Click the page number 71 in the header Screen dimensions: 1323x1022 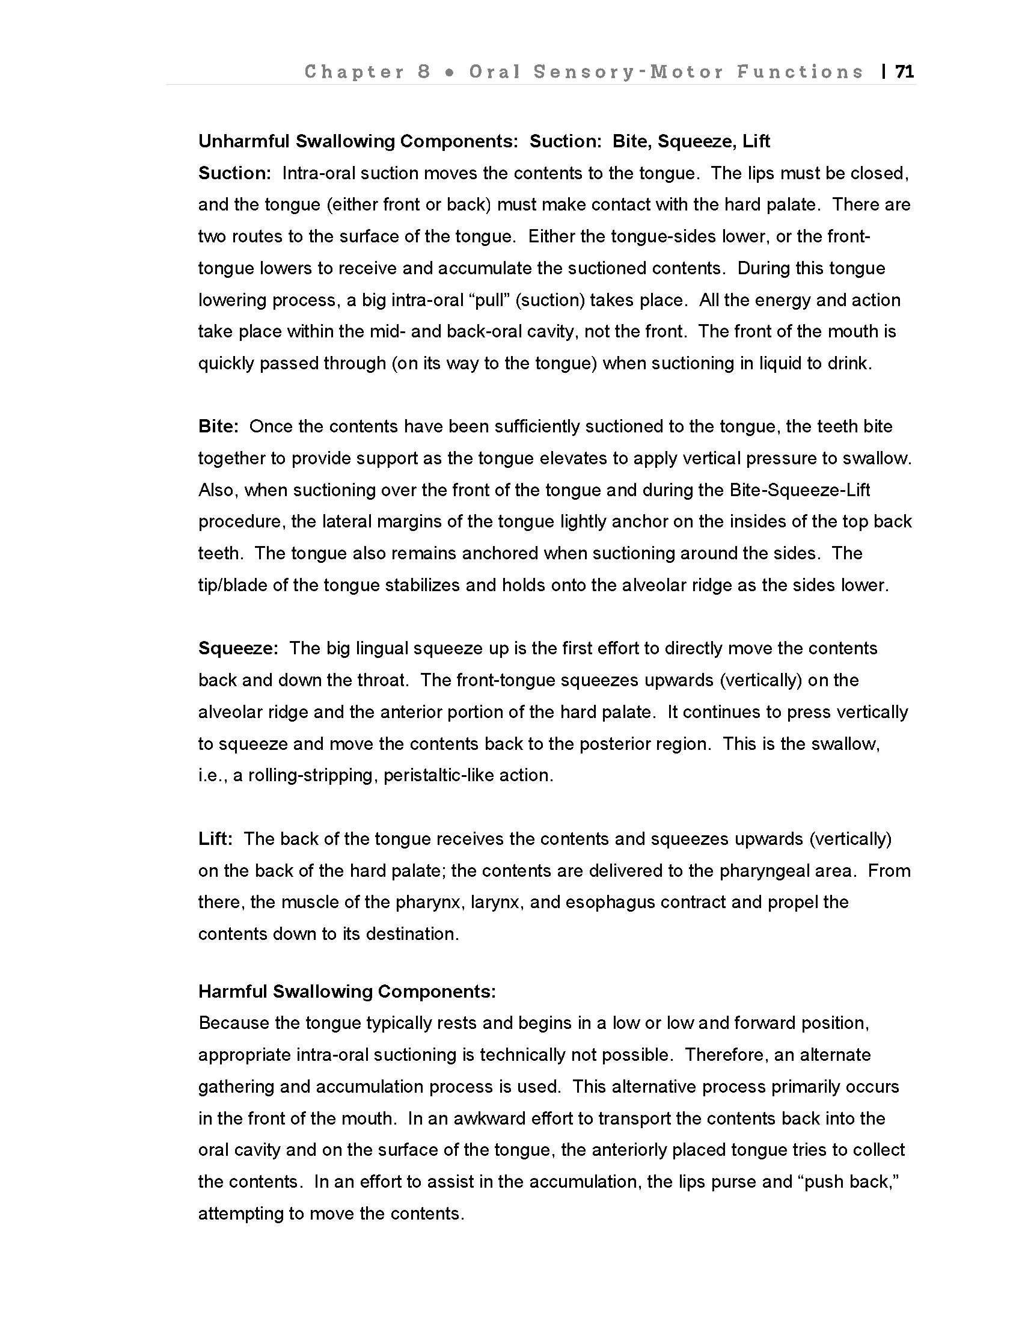[904, 72]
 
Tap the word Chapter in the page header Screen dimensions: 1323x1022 [354, 72]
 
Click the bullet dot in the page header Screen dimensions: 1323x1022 [449, 73]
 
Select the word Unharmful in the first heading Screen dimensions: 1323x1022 [244, 141]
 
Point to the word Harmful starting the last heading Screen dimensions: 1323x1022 [233, 991]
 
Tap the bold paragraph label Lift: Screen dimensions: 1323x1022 [216, 838]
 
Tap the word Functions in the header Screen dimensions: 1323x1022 [800, 72]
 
